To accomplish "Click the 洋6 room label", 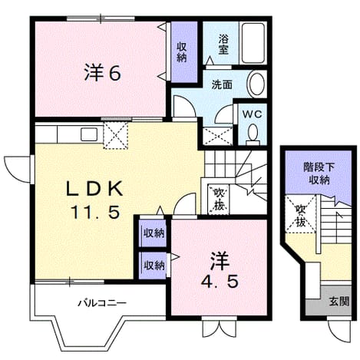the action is tap(102, 72).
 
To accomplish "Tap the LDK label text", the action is tap(94, 189).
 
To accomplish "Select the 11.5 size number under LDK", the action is tap(95, 212).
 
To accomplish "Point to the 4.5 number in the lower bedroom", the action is tap(220, 282).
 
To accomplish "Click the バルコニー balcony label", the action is tap(102, 303).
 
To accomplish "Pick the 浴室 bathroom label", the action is tap(223, 45).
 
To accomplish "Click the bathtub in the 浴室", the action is tap(253, 43).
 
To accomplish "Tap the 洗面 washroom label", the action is tap(222, 84).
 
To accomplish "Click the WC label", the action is tap(252, 114).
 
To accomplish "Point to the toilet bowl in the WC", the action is tap(253, 134).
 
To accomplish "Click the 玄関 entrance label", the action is tap(339, 302).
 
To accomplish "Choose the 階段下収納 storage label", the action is tap(319, 174).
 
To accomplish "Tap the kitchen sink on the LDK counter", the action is tap(89, 134).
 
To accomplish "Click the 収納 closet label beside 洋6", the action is tap(182, 52).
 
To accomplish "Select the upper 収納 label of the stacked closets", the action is tap(154, 233).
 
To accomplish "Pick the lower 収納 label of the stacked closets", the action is tap(154, 266).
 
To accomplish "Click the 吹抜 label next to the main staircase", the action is tap(219, 200).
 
